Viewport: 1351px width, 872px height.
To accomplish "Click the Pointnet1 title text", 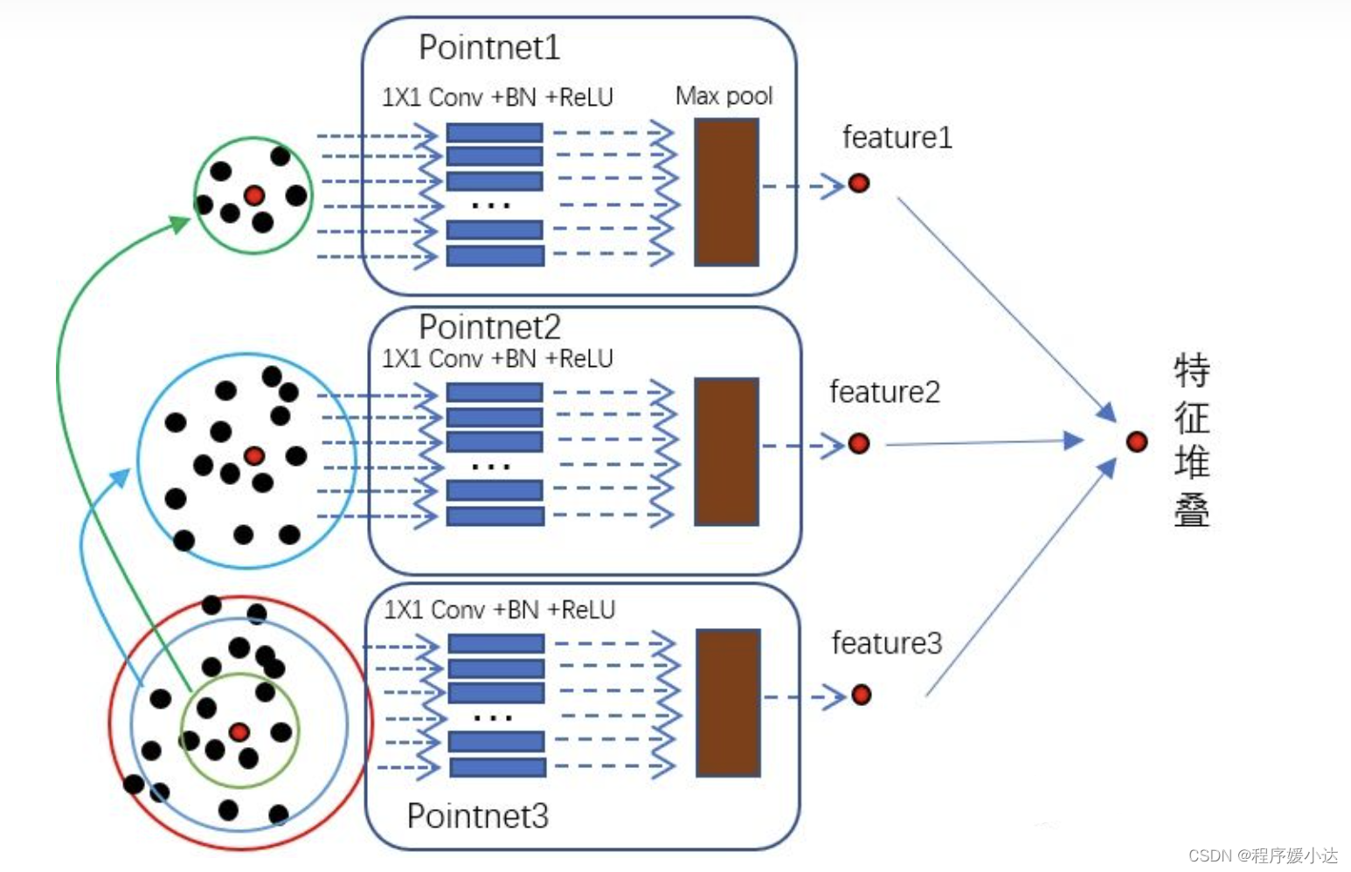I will (489, 47).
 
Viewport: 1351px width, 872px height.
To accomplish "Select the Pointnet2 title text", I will (489, 327).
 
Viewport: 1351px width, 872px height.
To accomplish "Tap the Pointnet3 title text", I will (477, 815).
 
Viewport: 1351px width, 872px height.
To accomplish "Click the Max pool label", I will (724, 95).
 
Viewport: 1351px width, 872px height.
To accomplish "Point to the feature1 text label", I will (897, 137).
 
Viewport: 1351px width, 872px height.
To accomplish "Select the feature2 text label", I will (884, 391).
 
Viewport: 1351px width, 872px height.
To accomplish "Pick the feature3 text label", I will (886, 643).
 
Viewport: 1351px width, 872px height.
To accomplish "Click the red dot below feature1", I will (859, 183).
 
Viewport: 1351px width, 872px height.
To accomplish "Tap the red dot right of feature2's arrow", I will (859, 444).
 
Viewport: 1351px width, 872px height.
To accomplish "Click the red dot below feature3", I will (861, 695).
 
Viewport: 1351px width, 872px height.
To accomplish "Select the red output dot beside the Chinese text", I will (1136, 442).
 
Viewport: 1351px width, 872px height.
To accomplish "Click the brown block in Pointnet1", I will (726, 192).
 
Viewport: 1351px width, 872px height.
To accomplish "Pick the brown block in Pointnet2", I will (726, 452).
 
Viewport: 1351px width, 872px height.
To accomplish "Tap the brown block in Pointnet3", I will (728, 702).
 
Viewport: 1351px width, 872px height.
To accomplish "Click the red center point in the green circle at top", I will (254, 196).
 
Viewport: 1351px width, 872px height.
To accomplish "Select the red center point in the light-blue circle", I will (254, 456).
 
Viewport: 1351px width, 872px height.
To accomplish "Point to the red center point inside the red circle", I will (239, 732).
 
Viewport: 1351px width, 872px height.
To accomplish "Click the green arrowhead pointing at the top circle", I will (179, 224).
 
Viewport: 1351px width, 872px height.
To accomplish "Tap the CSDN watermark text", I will (1263, 855).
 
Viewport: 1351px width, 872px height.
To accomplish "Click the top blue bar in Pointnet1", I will (495, 133).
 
